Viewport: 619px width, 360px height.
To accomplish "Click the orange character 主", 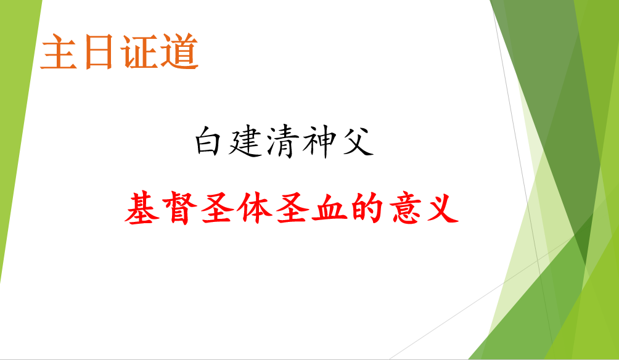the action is click(x=59, y=52).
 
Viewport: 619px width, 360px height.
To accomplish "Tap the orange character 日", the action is click(x=99, y=52).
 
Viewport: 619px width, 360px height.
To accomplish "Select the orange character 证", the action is click(x=139, y=52).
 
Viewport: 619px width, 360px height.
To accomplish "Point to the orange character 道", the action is click(x=179, y=52).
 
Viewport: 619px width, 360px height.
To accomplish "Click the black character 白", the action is click(x=208, y=141).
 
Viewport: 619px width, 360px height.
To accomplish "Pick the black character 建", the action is click(x=245, y=142).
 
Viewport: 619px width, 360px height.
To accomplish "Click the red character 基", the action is click(x=142, y=208).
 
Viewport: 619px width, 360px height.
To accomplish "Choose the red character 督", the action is click(x=179, y=208).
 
